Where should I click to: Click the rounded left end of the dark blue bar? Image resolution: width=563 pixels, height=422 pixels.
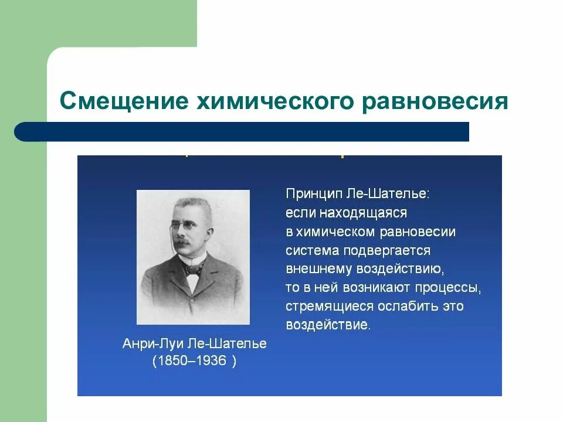pyautogui.click(x=23, y=131)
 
